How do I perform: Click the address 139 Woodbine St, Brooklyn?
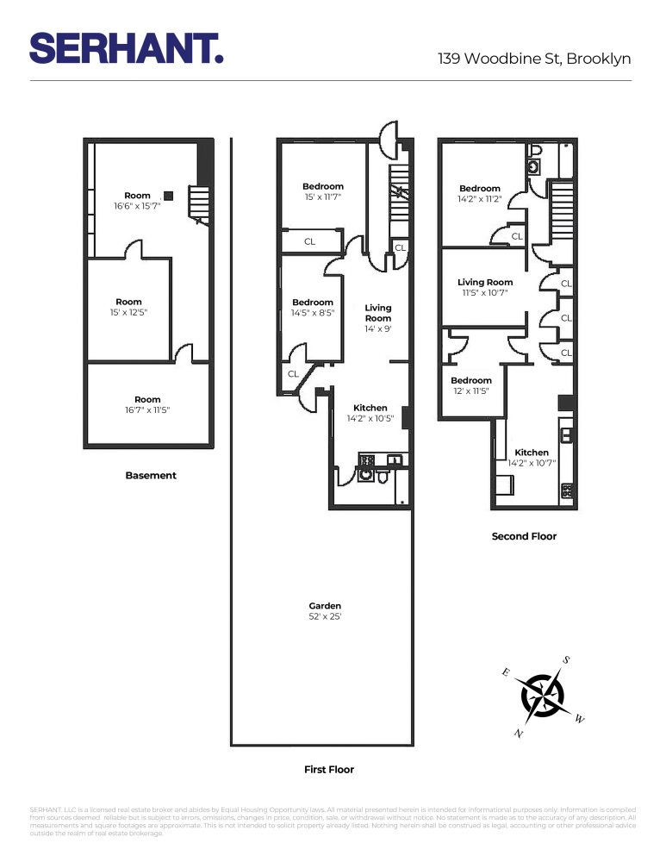click(x=534, y=59)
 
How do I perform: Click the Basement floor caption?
click(x=151, y=475)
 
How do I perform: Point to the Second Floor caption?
click(x=524, y=536)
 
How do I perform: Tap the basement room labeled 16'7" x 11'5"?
click(x=147, y=404)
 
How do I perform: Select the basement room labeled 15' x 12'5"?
click(x=129, y=307)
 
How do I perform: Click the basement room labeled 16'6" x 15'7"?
click(x=137, y=201)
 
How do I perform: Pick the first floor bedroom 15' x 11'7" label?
click(x=322, y=191)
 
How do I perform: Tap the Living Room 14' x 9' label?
click(x=377, y=317)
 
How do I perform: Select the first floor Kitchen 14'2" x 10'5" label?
click(x=370, y=413)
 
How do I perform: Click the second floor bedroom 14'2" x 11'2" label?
click(x=479, y=193)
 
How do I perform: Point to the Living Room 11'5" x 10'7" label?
click(x=484, y=287)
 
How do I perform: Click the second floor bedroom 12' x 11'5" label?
click(x=470, y=385)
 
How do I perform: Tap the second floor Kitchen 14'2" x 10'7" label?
click(x=532, y=457)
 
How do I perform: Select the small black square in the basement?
click(x=168, y=196)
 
